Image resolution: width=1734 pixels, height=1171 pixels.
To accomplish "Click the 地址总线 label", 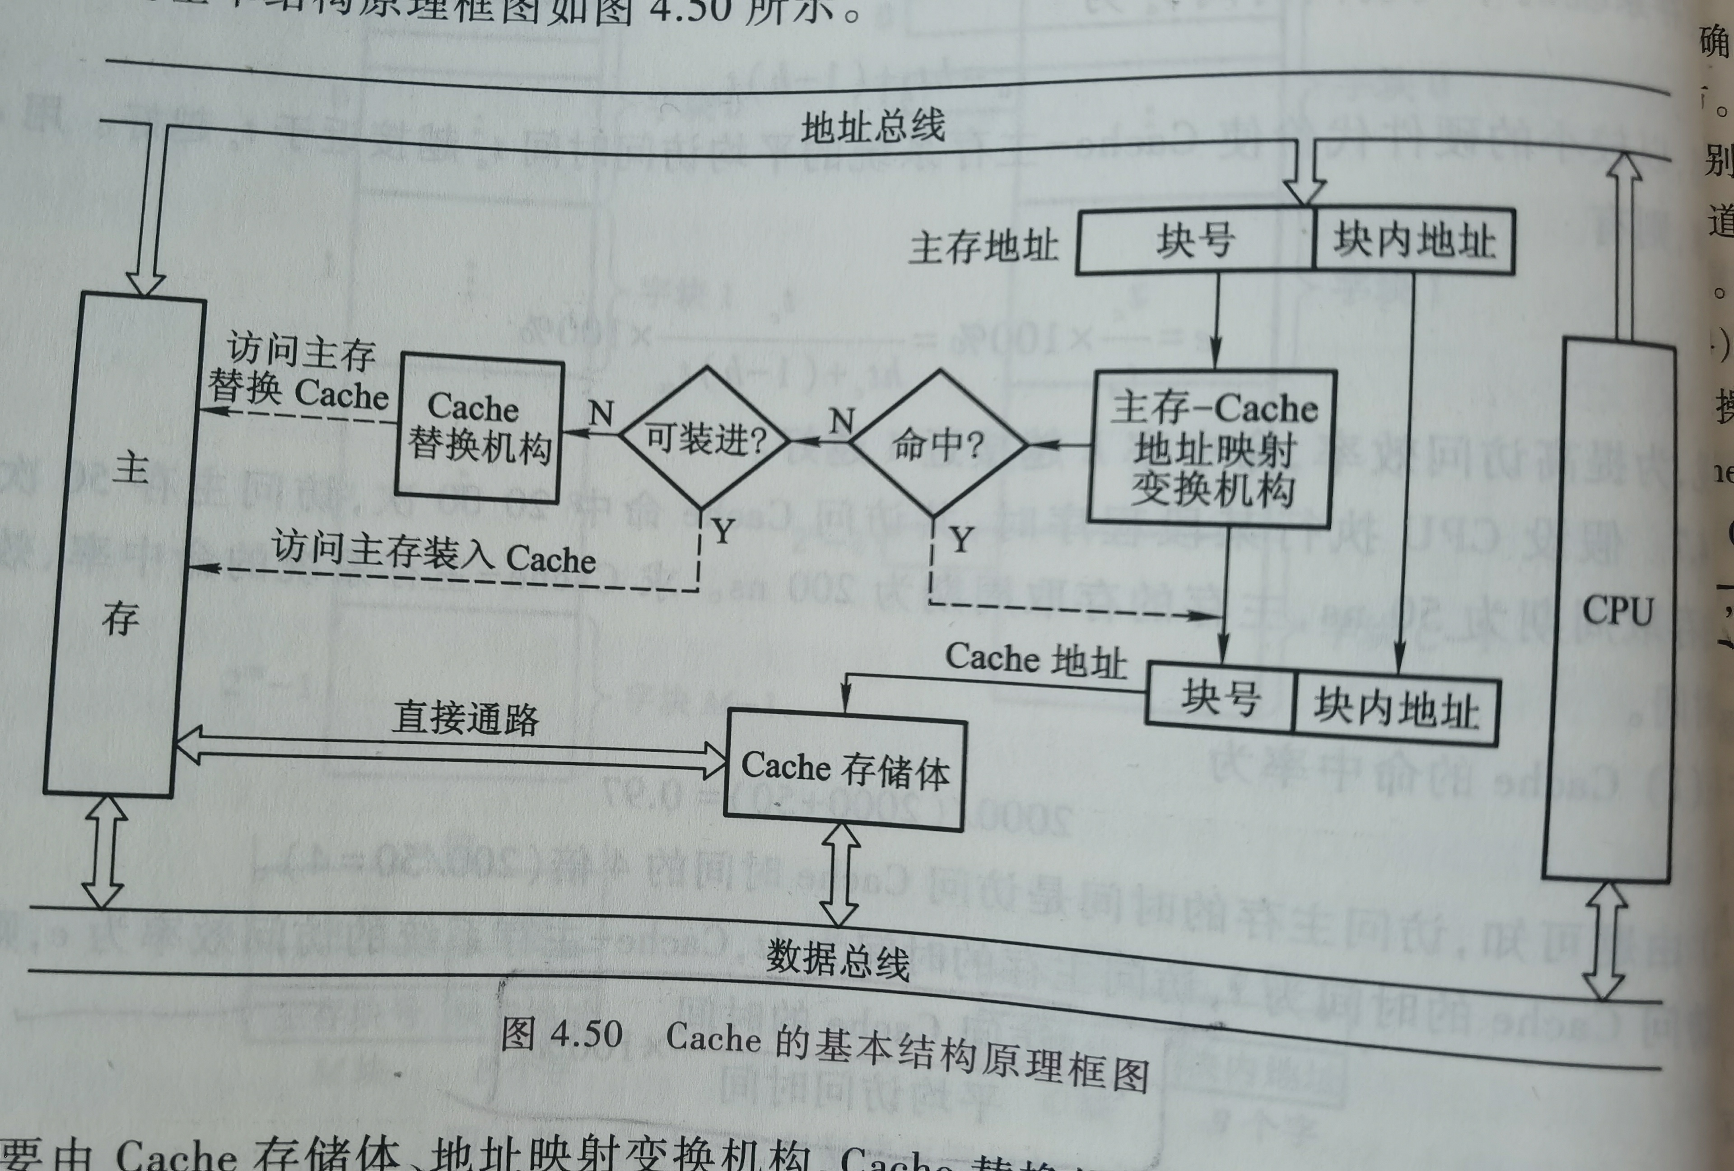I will [873, 127].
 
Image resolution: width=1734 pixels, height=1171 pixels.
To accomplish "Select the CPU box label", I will [1617, 610].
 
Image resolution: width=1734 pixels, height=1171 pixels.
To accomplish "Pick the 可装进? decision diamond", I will [705, 439].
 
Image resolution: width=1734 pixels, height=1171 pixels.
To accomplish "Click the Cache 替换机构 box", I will [479, 428].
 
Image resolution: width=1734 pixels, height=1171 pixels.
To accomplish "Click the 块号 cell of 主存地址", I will [1194, 240].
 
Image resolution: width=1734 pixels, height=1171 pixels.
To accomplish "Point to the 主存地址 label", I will [984, 246].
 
